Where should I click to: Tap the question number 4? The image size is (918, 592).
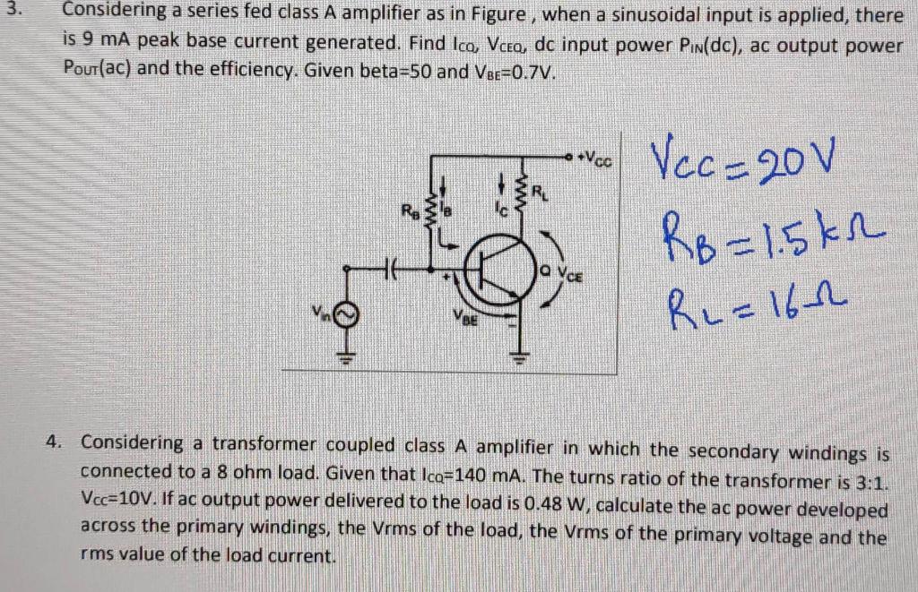tap(57, 442)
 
